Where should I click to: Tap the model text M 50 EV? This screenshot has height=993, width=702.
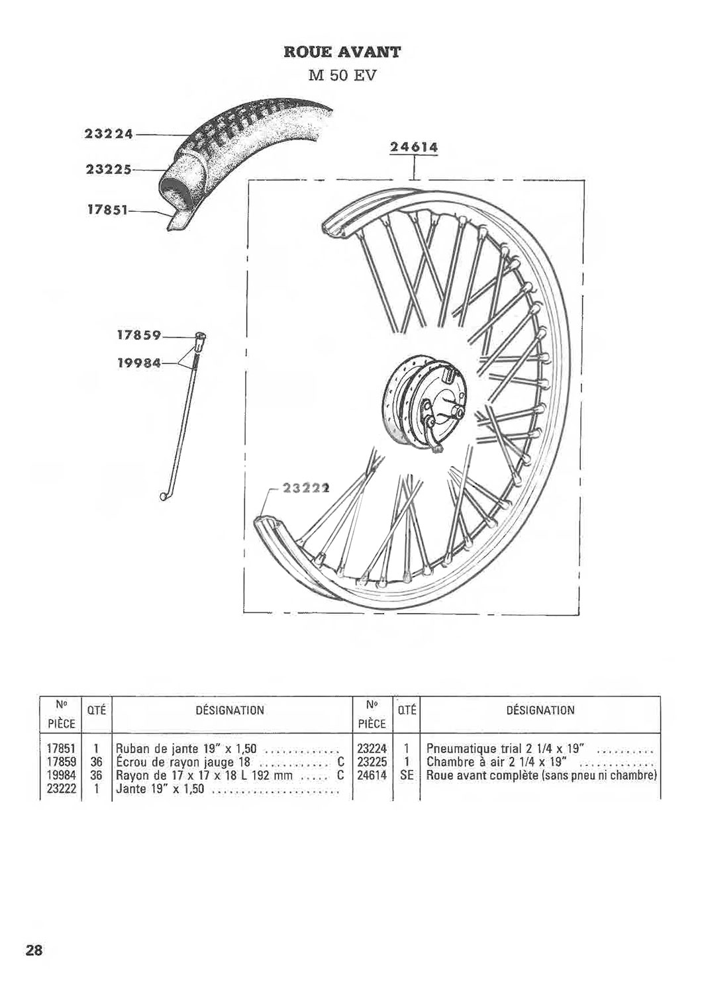point(342,75)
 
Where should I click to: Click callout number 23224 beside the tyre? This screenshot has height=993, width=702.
point(109,134)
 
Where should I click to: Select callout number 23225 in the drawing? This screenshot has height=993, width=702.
point(109,169)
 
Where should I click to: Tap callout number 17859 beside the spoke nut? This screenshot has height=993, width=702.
point(138,336)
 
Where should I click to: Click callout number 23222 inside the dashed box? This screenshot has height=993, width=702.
point(305,489)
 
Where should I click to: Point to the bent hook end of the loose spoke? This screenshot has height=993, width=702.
point(164,495)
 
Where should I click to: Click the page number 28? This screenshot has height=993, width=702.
point(34,951)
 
